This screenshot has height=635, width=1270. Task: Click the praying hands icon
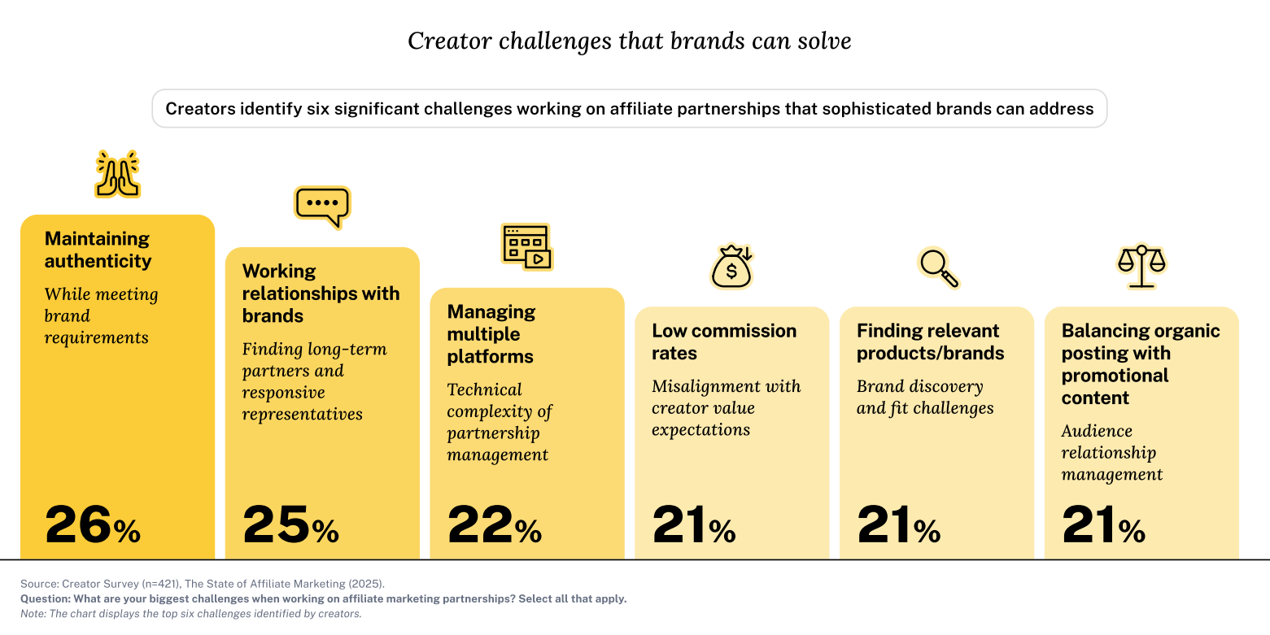tap(117, 174)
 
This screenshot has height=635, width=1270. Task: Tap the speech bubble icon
tap(322, 207)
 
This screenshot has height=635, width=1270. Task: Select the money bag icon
tap(732, 267)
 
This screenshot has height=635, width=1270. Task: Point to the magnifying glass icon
tap(938, 267)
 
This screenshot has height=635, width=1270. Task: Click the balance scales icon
tap(1141, 266)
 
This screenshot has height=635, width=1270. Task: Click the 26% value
tap(93, 525)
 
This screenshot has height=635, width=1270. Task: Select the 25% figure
tap(290, 525)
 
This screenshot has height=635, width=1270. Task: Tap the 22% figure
tap(495, 525)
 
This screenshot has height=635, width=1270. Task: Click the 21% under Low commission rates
tap(694, 525)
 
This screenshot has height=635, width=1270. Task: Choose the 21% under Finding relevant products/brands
tap(899, 525)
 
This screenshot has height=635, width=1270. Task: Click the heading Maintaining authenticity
tap(98, 250)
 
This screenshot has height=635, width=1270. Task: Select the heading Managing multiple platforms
tap(491, 334)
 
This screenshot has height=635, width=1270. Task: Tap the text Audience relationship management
tap(1111, 453)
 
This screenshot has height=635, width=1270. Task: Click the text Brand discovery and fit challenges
tap(925, 397)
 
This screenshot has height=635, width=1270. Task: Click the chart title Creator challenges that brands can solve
tap(629, 41)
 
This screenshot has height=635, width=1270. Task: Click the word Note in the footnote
tap(33, 614)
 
